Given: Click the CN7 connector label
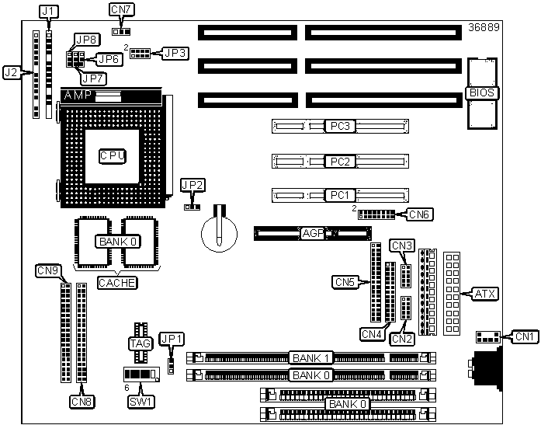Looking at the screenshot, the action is [x=121, y=9].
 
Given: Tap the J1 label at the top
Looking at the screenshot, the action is [x=49, y=12].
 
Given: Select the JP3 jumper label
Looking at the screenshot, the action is [x=175, y=53].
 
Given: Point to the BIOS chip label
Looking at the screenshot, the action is [x=482, y=93].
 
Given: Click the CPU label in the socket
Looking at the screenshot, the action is [x=113, y=156].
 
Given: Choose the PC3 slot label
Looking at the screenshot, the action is [x=340, y=126].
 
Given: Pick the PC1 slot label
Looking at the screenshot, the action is [x=340, y=195].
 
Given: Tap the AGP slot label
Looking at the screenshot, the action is [x=313, y=234].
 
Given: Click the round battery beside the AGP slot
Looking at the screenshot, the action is [x=219, y=234].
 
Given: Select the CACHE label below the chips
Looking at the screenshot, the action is [x=117, y=283].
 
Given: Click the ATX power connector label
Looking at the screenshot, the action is [x=485, y=294].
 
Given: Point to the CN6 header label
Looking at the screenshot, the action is [x=419, y=214].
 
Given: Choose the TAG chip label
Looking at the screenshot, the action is [x=140, y=343].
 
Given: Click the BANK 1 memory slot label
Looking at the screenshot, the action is [x=311, y=358].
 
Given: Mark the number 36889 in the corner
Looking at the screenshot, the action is [x=484, y=27].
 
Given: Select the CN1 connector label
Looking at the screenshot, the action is [x=525, y=336].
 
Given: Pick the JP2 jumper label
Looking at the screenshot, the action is [x=193, y=185].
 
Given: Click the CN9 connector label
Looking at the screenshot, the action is [x=49, y=270].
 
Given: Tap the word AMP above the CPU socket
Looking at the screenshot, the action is [x=78, y=95].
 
